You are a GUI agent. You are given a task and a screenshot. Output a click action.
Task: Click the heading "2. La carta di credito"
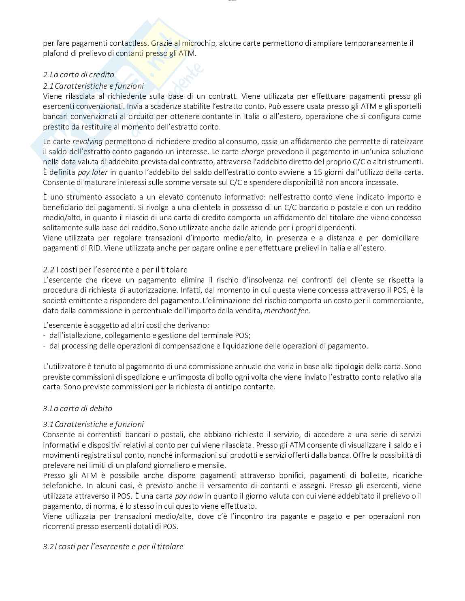[x=79, y=75]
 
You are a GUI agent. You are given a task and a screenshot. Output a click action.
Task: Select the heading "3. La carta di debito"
[x=77, y=408]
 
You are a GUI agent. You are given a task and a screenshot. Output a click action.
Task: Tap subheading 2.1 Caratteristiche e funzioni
[x=93, y=86]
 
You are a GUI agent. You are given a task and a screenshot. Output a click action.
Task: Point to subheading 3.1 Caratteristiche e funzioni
[x=93, y=424]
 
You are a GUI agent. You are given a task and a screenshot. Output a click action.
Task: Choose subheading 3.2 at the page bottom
[x=113, y=547]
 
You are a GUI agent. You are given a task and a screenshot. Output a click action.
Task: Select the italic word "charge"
[x=253, y=152]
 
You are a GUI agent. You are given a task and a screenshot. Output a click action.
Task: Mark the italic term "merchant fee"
[x=287, y=311]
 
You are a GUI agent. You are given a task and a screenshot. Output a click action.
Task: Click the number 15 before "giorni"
[x=318, y=172]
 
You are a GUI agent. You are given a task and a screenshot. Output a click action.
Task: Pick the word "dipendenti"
[x=338, y=227]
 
